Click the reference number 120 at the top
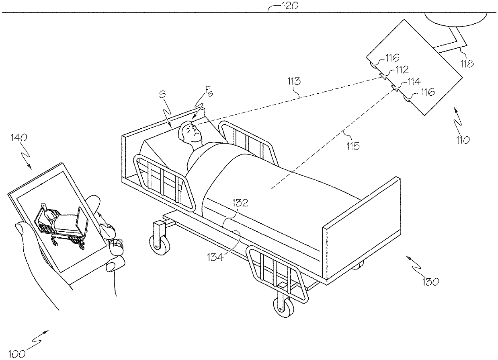(290, 6)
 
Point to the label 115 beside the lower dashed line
(352, 146)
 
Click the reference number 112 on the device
(402, 70)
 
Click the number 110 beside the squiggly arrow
(462, 140)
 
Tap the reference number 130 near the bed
(430, 282)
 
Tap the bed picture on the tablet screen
(60, 223)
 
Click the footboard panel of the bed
(362, 233)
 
